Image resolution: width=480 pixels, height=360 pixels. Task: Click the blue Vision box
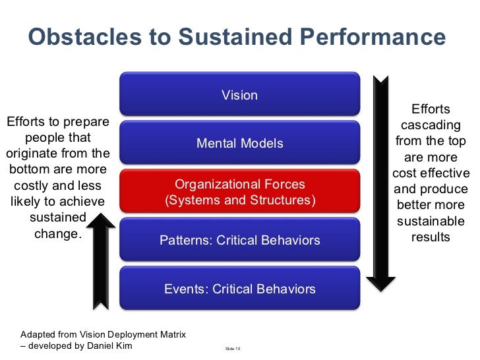coord(239,95)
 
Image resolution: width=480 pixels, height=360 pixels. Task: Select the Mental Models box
coord(239,143)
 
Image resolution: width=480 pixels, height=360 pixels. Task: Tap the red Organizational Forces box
coord(239,192)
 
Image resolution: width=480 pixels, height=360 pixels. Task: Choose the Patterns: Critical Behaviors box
coord(239,241)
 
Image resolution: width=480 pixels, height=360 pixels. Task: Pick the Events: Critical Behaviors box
coord(239,289)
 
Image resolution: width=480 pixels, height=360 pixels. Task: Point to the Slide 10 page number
coord(233,348)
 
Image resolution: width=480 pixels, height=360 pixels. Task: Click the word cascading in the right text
coord(430,125)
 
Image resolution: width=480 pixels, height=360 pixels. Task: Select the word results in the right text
coord(430,237)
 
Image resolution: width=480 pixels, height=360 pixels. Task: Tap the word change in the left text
coord(55,233)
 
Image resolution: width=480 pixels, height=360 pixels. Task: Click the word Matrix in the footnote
coord(171,335)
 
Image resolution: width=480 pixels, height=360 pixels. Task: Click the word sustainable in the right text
coord(430,221)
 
